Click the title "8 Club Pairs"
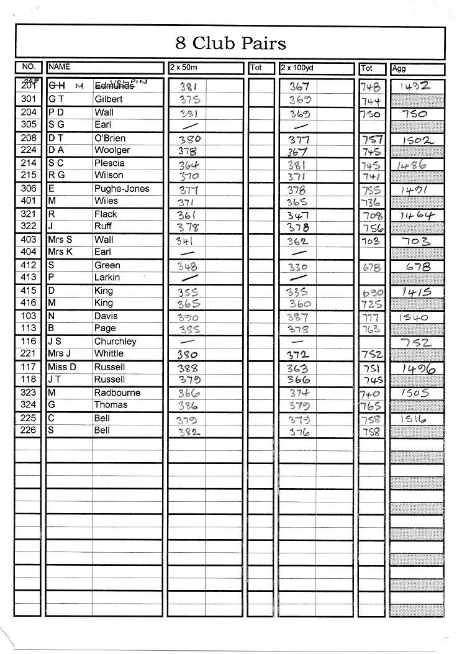point(230,43)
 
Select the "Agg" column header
point(399,69)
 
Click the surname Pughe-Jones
point(122,189)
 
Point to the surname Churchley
point(115,342)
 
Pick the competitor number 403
point(29,240)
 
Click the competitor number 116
point(29,342)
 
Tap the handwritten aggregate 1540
point(414,317)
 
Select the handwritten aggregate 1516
point(414,419)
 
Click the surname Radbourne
point(117,393)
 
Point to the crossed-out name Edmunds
point(114,86)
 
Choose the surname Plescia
point(109,163)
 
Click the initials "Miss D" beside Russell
point(61,367)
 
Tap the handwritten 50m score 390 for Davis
point(188,317)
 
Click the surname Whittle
point(109,354)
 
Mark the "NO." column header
point(29,67)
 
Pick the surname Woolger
point(112,150)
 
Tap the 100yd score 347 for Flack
point(298,216)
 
